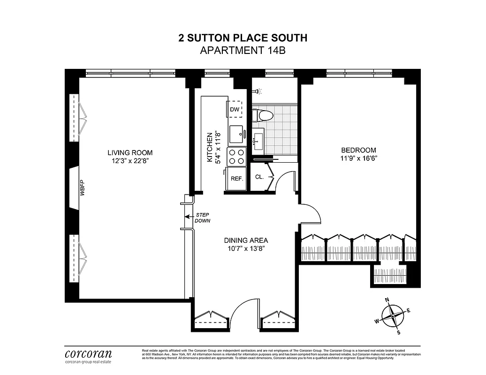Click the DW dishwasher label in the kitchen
coord(235,110)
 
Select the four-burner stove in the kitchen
coord(236,156)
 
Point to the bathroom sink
coord(258,140)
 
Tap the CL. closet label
coord(259,177)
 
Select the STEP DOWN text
coord(203,217)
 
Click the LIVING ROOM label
coord(130,153)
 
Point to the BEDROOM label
coord(358,150)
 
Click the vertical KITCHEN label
coord(210,147)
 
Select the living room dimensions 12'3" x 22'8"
coord(130,161)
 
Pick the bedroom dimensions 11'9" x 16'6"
coord(358,158)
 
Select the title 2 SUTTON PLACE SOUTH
coord(243,38)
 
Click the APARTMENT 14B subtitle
coord(243,51)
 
